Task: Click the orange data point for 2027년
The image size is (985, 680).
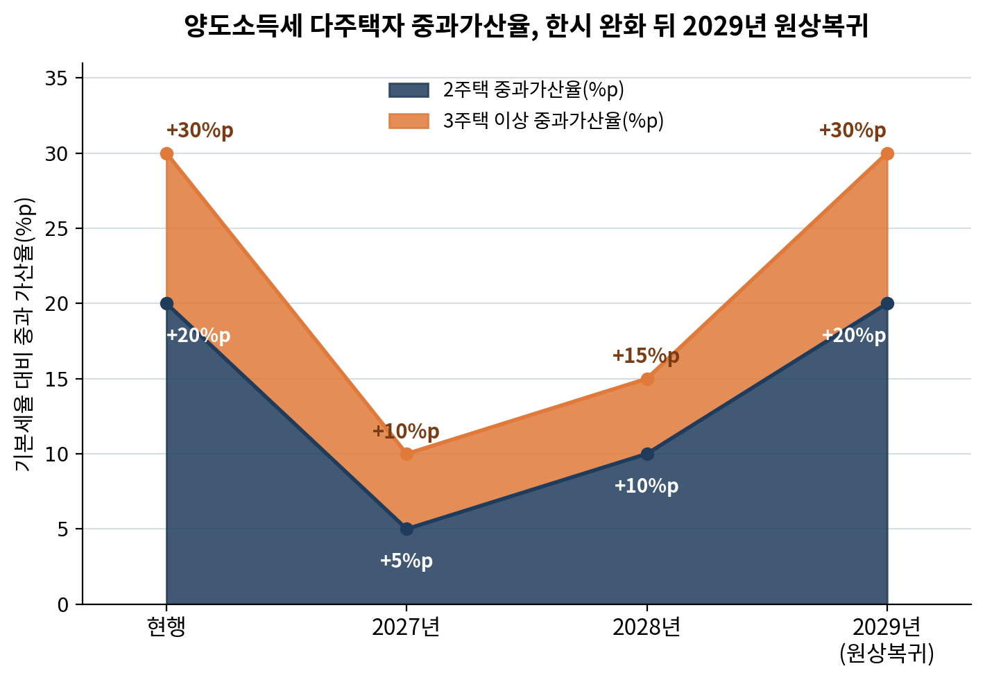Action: point(406,454)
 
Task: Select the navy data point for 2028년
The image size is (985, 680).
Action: point(647,454)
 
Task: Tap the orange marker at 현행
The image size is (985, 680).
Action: point(166,153)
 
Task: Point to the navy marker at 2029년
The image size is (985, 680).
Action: point(887,303)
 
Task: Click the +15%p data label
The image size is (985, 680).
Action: point(646,356)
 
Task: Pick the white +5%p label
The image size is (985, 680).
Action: point(406,561)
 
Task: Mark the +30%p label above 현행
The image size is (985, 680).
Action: point(200,130)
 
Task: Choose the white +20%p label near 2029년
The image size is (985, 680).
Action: point(853,336)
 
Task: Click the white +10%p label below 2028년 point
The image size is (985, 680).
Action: point(646,486)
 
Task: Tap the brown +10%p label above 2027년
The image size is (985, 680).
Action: point(405,431)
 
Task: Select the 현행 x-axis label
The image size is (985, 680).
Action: point(166,627)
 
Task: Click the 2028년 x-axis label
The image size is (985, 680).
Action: point(646,627)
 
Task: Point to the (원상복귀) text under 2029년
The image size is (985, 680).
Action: point(887,654)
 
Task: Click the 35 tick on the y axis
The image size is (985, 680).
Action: point(56,78)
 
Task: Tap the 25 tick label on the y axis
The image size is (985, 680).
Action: point(56,229)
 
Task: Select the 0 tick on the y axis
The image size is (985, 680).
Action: point(63,605)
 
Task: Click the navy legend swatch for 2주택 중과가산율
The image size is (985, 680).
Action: point(409,90)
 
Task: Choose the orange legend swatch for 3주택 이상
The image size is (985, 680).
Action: point(409,121)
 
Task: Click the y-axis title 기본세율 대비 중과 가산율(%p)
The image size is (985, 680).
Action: point(24,334)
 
